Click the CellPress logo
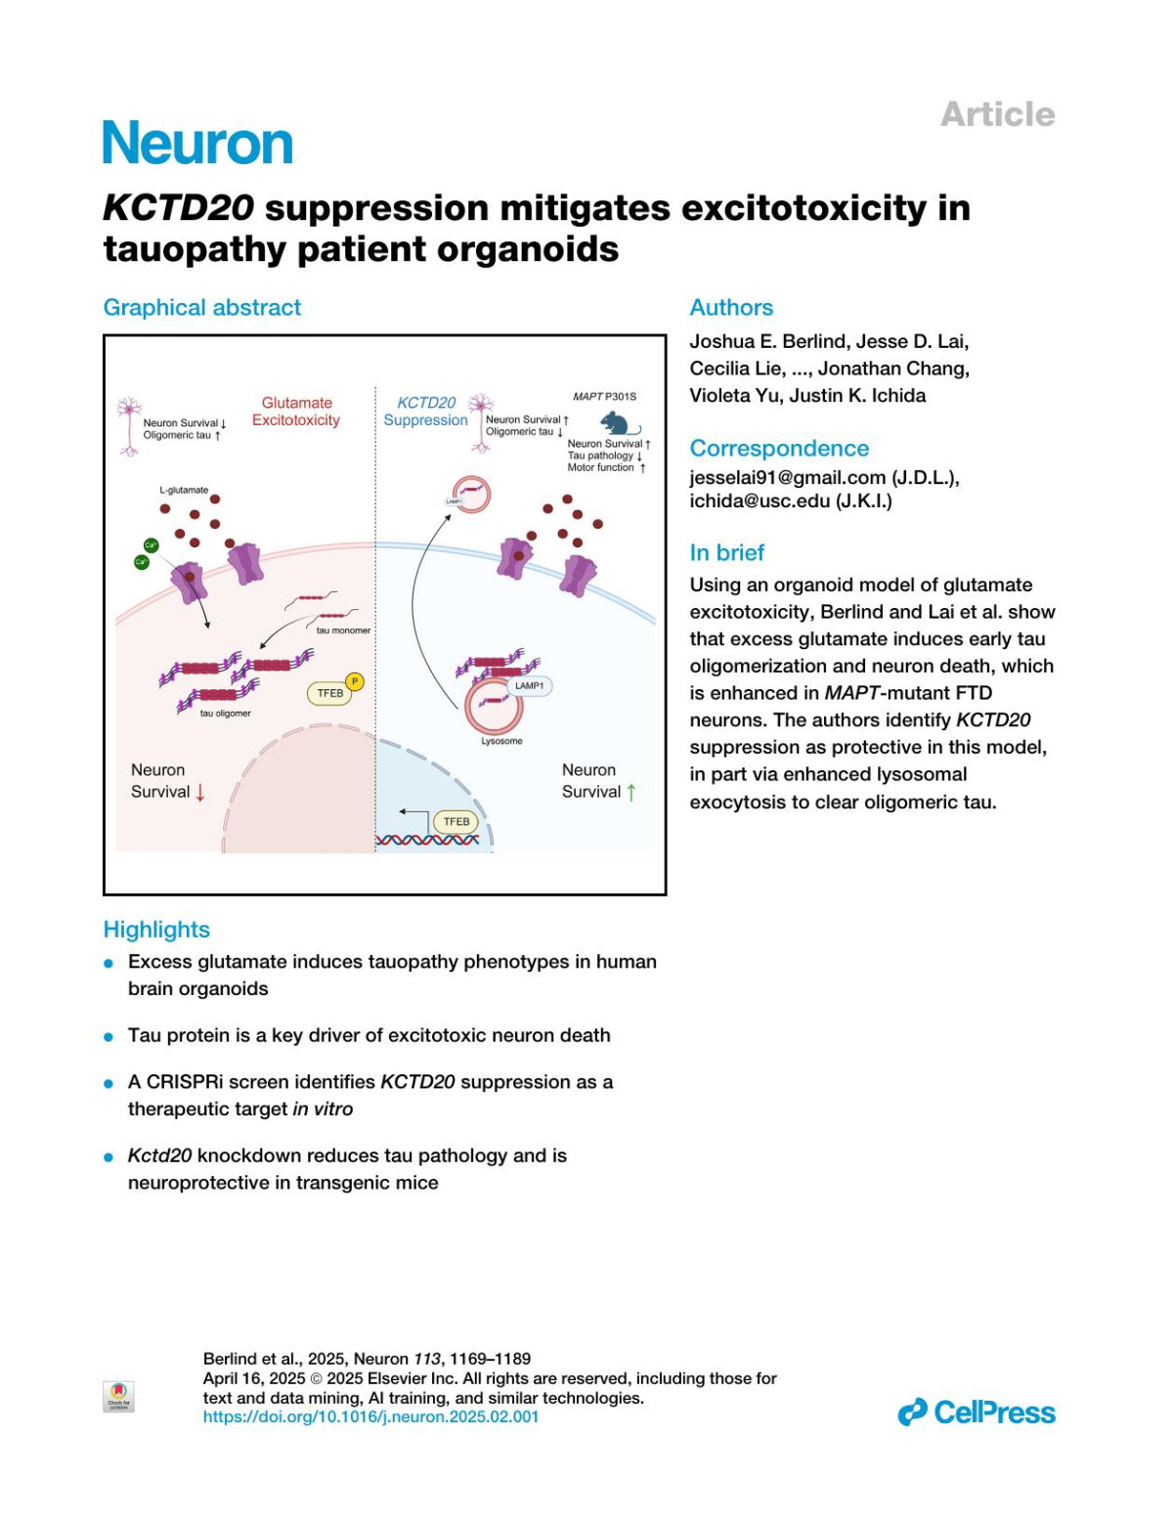pyautogui.click(x=977, y=1413)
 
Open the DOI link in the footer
pyautogui.click(x=370, y=1416)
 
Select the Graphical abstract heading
pyautogui.click(x=202, y=308)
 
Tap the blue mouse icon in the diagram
pyautogui.click(x=619, y=423)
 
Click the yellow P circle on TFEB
pyautogui.click(x=355, y=681)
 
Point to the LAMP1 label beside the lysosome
pyautogui.click(x=529, y=685)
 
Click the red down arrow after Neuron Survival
pyautogui.click(x=200, y=793)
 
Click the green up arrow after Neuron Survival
pyautogui.click(x=631, y=793)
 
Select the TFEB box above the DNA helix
pyautogui.click(x=456, y=822)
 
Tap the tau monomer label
pyautogui.click(x=343, y=631)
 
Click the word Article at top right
pyautogui.click(x=997, y=114)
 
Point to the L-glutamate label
pyautogui.click(x=184, y=490)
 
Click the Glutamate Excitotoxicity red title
pyautogui.click(x=296, y=412)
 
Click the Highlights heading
pyautogui.click(x=156, y=930)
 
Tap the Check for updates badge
pyautogui.click(x=118, y=1397)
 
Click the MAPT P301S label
pyautogui.click(x=604, y=397)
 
